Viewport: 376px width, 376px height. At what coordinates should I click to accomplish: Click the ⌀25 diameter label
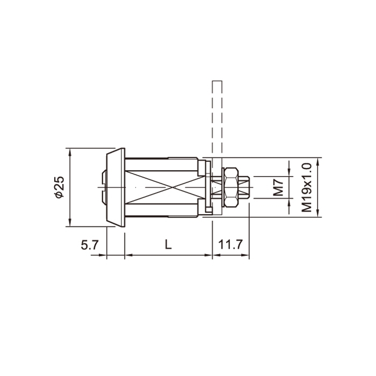[x=60, y=187]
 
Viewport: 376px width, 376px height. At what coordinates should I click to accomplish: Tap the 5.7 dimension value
[x=90, y=245]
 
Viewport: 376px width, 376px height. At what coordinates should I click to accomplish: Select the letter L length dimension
[x=168, y=245]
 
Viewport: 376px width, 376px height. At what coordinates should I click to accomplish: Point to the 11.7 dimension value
[x=230, y=245]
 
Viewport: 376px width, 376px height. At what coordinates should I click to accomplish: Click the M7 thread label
[x=278, y=188]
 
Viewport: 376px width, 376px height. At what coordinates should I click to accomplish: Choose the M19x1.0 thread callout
[x=307, y=187]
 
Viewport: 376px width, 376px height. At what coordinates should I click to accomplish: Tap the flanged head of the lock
[x=116, y=187]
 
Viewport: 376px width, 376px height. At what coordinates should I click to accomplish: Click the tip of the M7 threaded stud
[x=250, y=187]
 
